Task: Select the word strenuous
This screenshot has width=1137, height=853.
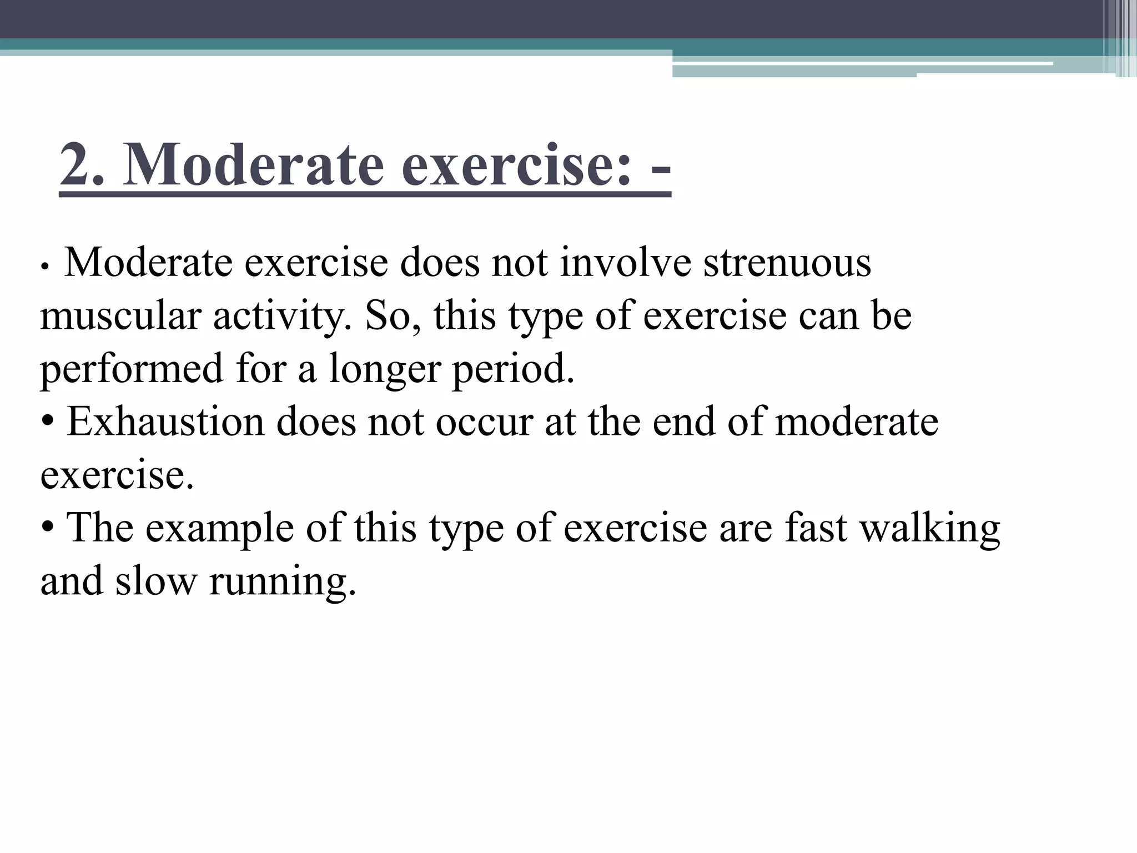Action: [787, 263]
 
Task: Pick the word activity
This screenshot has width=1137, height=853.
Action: [281, 317]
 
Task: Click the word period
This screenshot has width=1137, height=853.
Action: [513, 369]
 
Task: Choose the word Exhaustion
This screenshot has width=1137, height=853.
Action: [166, 422]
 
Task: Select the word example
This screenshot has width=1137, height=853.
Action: [219, 529]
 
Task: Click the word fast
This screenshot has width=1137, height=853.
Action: [816, 528]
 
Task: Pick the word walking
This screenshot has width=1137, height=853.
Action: [930, 529]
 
